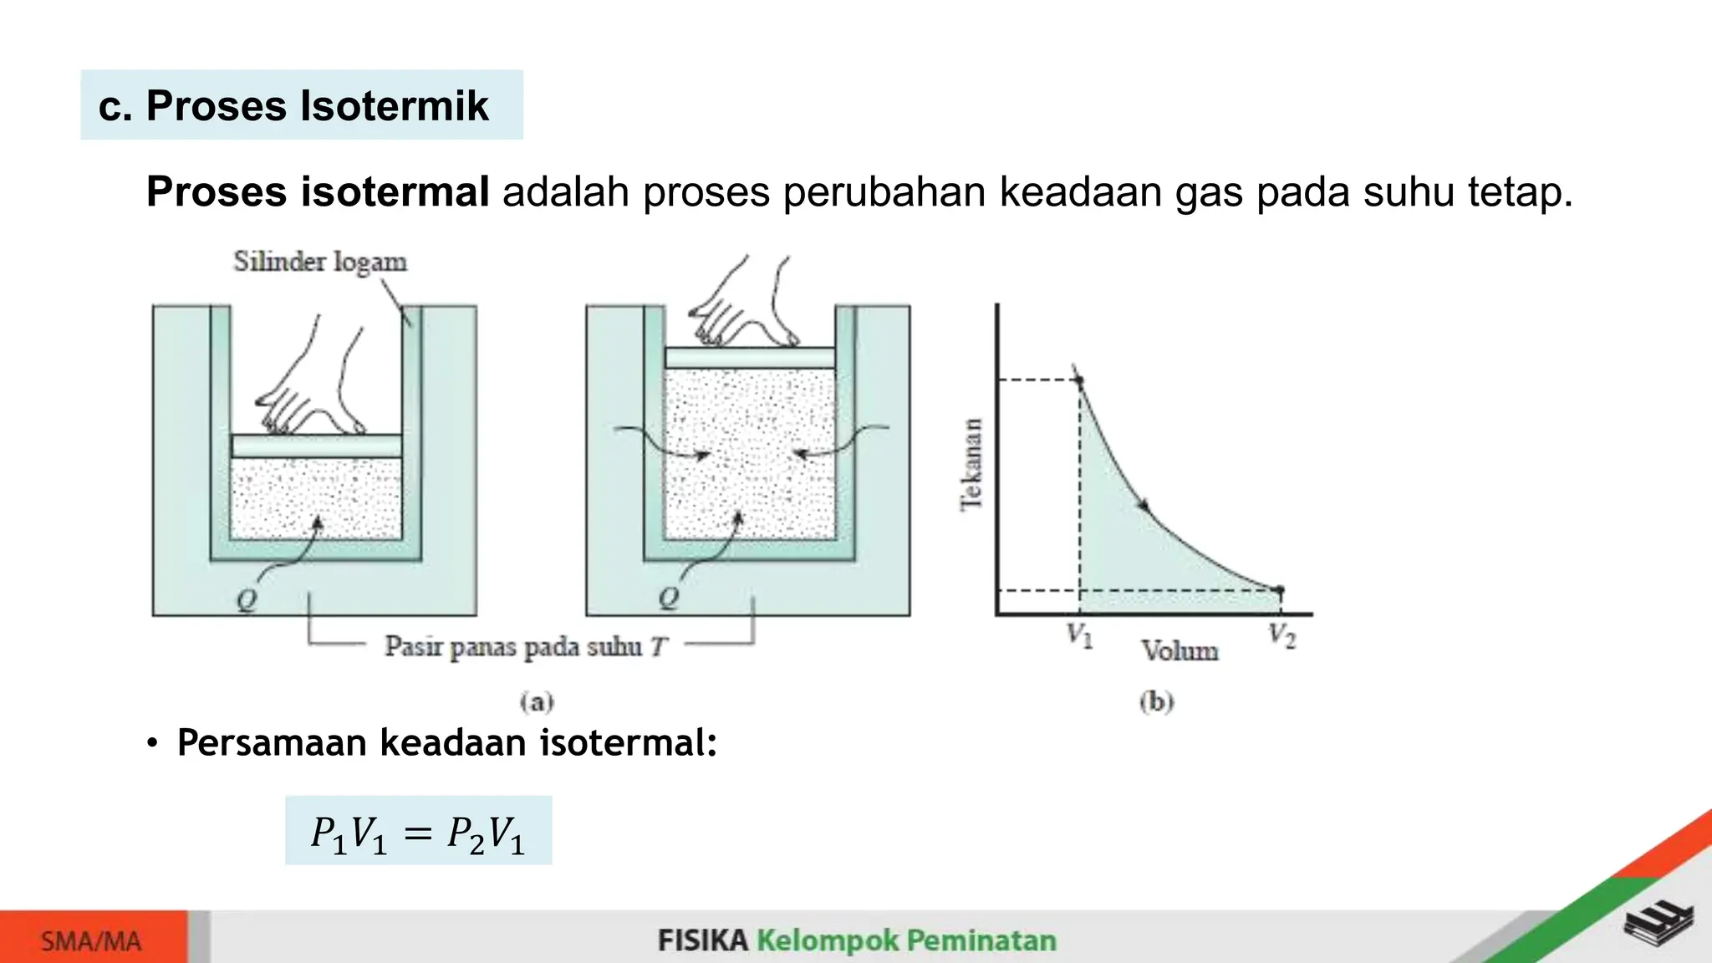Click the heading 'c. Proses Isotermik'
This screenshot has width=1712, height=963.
point(293,106)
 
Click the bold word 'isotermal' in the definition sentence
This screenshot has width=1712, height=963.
point(395,192)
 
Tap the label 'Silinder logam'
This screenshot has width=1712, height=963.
point(320,262)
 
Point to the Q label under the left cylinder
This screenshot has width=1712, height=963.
point(247,599)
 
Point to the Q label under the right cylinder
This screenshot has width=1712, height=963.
point(669,598)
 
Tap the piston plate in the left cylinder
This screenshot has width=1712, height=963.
point(317,446)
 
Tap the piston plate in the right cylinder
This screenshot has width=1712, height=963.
point(750,358)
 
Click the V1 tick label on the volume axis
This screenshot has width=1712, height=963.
point(1079,635)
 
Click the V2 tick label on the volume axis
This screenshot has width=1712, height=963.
point(1281,635)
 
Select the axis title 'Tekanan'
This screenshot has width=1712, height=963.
point(971,464)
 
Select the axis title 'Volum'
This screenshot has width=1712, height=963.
point(1180,650)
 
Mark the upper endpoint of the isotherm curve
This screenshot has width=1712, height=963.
point(1079,381)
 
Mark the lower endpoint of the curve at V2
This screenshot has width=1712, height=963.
point(1280,590)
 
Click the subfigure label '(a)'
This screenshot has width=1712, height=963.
point(537,701)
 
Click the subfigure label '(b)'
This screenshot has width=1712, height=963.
point(1157,701)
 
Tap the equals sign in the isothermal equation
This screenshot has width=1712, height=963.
point(417,833)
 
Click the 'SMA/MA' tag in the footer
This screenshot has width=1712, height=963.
point(92,941)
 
